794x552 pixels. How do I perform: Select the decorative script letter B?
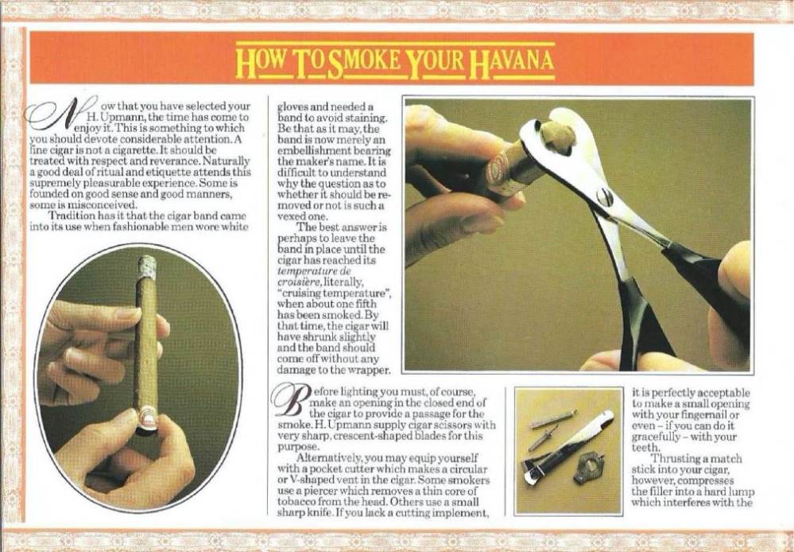point(290,400)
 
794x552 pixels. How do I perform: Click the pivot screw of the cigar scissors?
point(604,196)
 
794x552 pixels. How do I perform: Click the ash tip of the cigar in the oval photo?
point(146,266)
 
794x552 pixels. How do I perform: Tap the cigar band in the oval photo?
point(147,418)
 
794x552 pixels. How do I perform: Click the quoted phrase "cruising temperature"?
point(335,293)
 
